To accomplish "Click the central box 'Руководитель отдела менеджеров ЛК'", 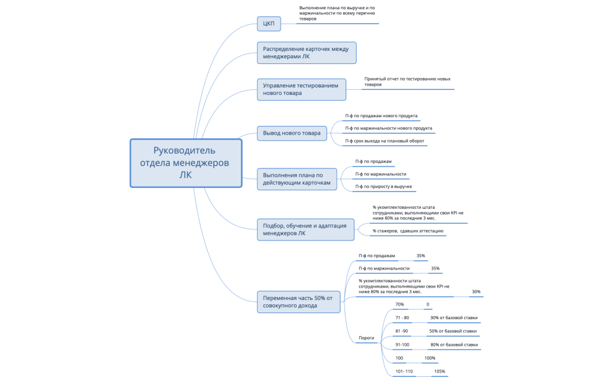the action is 186,163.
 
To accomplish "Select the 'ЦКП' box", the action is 269,24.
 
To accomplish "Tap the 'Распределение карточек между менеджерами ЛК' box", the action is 306,53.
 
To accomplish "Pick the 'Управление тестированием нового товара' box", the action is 302,89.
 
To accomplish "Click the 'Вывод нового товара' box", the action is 292,133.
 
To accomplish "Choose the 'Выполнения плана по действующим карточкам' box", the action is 297,179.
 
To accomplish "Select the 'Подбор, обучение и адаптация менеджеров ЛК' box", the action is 305,229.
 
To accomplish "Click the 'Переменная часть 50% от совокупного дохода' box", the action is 298,302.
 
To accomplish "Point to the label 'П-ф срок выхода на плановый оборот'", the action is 385,141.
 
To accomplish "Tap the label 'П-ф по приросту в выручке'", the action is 383,187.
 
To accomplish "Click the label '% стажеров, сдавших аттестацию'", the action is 408,231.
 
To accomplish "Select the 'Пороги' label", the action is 367,338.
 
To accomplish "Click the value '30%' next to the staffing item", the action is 476,291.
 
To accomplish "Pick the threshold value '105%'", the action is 440,371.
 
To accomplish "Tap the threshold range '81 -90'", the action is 401,331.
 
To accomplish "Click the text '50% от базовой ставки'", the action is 453,331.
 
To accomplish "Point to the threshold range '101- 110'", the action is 404,371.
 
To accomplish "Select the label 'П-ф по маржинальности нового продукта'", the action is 388,128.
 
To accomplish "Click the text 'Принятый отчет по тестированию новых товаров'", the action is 407,81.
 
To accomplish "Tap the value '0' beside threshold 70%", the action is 428,304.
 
